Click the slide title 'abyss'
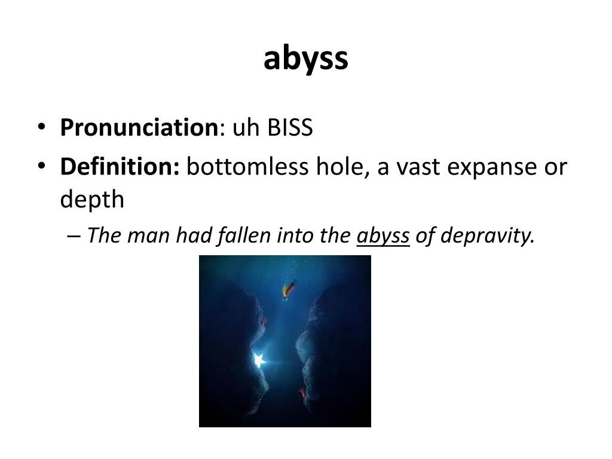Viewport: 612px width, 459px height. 305,59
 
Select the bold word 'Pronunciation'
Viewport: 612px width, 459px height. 139,127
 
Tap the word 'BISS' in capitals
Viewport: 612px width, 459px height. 290,127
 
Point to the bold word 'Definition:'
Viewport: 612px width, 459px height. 120,167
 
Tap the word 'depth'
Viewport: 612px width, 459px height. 92,200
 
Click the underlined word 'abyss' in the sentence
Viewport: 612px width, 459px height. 383,237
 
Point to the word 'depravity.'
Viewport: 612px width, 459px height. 487,237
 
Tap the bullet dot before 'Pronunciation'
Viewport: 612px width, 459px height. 41,128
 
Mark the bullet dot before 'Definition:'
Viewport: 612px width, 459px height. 41,167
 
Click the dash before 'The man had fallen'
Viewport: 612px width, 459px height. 74,237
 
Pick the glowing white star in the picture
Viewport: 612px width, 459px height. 259,360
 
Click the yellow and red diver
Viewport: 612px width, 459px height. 289,290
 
